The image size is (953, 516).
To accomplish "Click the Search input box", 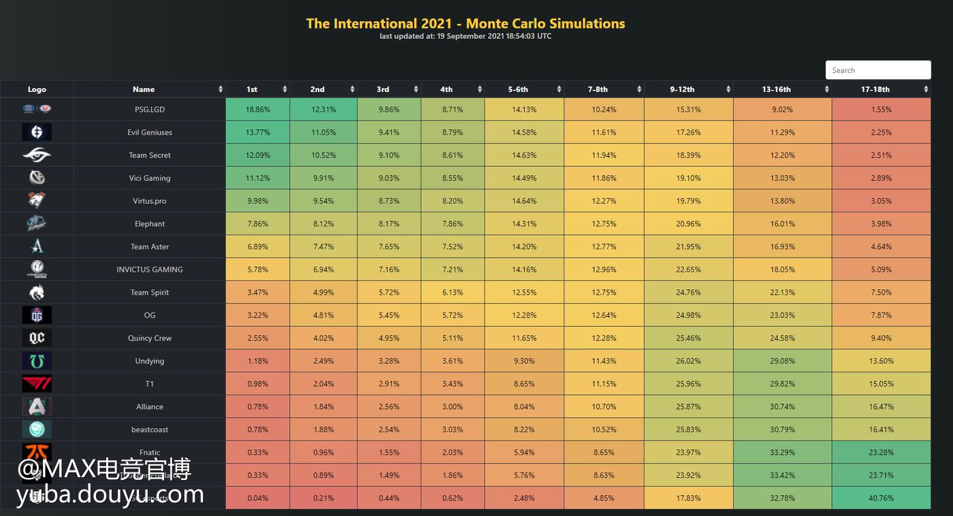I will pos(877,70).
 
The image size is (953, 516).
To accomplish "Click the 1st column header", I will pos(252,89).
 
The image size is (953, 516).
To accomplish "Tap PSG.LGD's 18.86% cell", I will pos(257,110).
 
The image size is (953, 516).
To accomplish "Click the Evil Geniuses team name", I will pos(150,133).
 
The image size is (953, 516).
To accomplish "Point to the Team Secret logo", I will pos(37,155).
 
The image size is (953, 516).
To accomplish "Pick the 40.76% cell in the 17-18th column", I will pos(881,498).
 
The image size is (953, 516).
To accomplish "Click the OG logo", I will pos(37,315).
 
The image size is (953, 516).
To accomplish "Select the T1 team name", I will pos(150,384).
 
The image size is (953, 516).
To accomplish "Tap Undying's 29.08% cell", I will pos(782,361).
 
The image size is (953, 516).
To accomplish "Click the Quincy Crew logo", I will pos(37,338).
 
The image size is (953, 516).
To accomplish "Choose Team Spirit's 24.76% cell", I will pos(688,293).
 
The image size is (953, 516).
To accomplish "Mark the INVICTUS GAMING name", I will pos(150,270).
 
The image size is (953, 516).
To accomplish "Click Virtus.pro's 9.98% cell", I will pos(257,201).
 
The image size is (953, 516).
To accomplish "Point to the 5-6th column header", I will pos(517,89).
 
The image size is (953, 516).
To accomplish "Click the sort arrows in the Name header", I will pos(221,89).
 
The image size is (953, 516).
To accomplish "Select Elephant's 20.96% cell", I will pos(688,224).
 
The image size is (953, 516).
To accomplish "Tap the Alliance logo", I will pos(37,407).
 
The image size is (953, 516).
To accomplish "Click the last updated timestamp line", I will pos(466,36).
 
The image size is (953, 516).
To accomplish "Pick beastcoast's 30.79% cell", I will pos(782,430).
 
